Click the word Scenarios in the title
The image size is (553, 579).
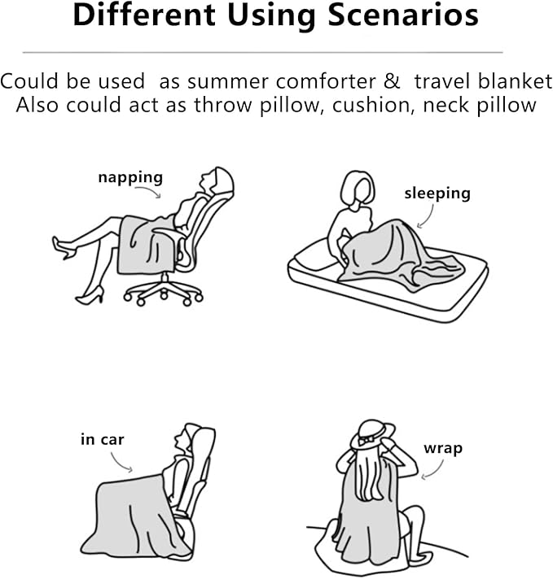(403, 15)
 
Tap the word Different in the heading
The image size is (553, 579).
(144, 15)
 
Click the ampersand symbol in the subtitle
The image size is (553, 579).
(392, 81)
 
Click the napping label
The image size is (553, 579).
(130, 178)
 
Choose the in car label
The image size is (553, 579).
(102, 439)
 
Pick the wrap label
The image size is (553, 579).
(443, 449)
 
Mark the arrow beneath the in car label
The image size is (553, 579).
(118, 463)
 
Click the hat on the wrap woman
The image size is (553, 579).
(372, 435)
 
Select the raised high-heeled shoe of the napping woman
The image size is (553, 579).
(64, 247)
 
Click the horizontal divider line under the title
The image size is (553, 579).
(262, 52)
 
